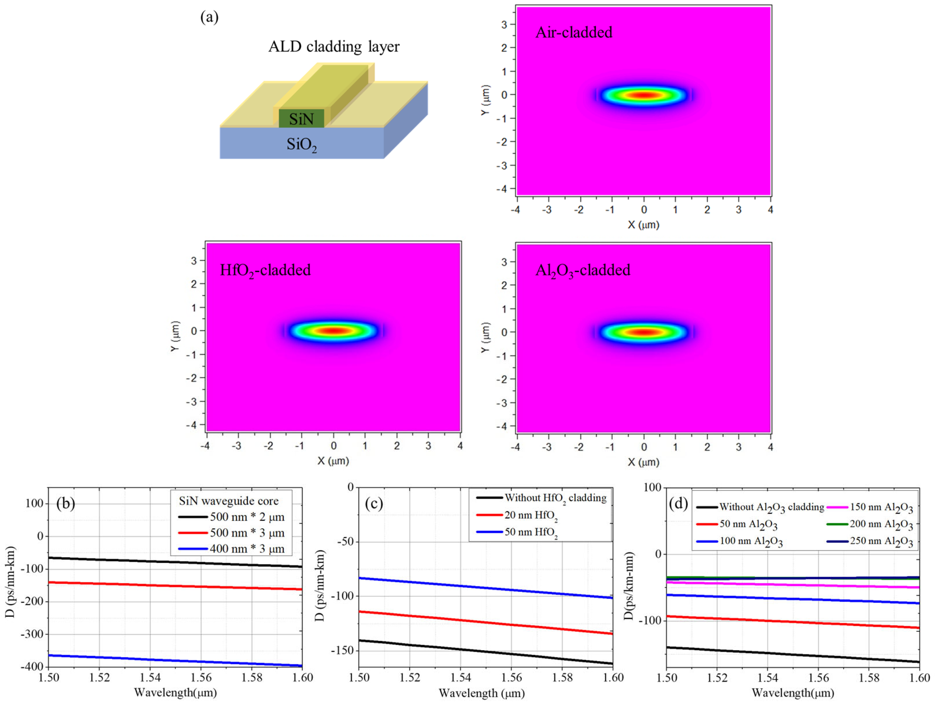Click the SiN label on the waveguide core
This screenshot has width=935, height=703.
[301, 119]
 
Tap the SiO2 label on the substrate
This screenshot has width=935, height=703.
[301, 145]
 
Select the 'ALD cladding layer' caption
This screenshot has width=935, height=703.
[334, 46]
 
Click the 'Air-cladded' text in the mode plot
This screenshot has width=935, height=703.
[573, 33]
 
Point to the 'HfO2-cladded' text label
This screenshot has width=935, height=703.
[265, 270]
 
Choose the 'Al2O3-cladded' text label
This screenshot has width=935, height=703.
[582, 270]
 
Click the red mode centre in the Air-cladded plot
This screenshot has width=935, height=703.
[644, 95]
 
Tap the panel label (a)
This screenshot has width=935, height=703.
[209, 17]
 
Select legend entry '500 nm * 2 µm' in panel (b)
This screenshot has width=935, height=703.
[247, 517]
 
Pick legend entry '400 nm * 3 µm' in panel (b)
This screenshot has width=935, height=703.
[247, 549]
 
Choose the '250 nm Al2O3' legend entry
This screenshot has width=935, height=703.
[881, 542]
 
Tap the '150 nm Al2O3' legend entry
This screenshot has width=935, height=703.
[881, 508]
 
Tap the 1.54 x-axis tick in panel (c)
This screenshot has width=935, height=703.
[460, 677]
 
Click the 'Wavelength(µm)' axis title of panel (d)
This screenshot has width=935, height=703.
[792, 693]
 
